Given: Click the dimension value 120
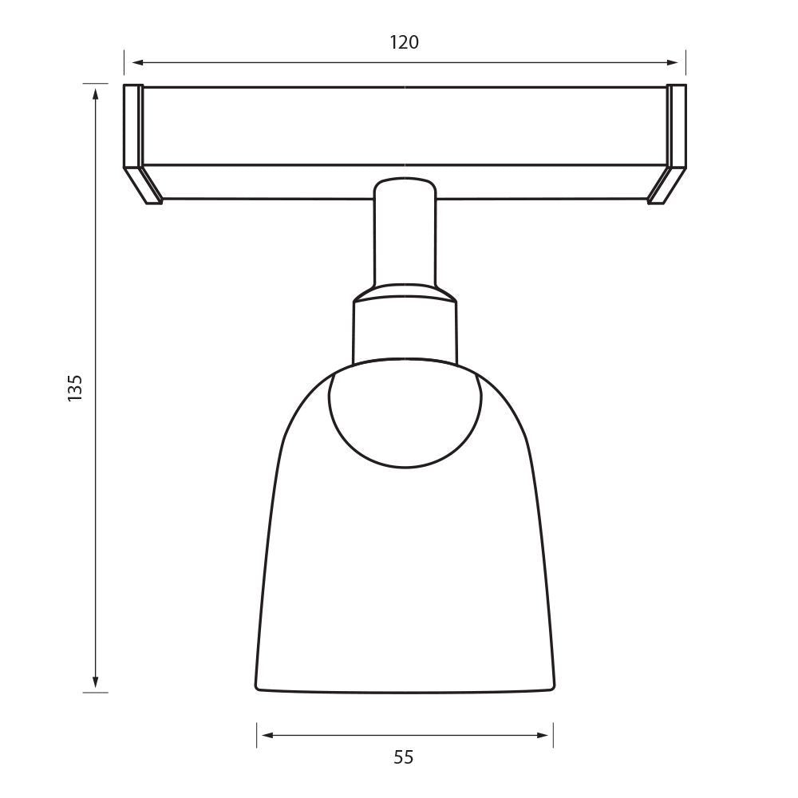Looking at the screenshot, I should point(404,42).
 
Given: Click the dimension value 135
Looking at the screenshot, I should point(75,388).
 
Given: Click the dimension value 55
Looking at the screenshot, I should point(404,757).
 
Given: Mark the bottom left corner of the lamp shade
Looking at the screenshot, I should point(258,686).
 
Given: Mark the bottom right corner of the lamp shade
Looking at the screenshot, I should point(552,686).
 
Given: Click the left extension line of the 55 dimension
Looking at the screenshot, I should point(257,735).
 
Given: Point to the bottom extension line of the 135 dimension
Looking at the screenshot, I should point(96,693).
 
